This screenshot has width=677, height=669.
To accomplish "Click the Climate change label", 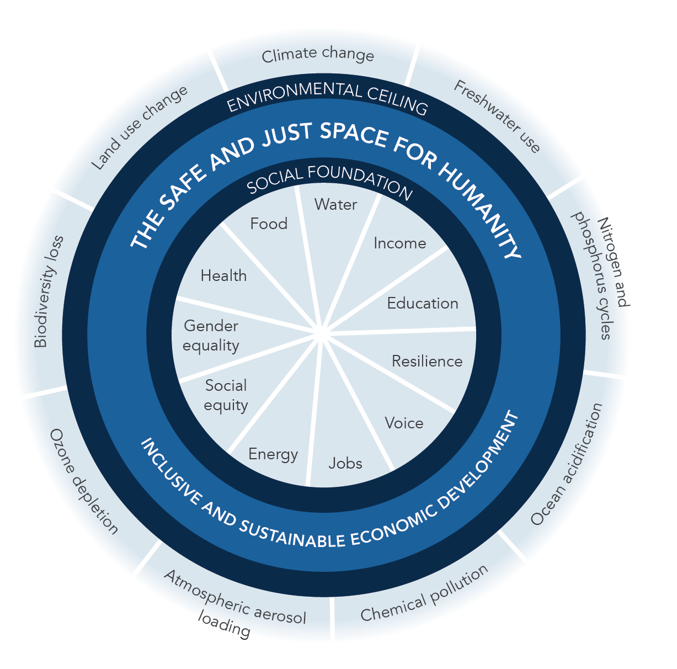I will [318, 55].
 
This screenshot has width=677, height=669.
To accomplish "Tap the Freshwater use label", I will [497, 116].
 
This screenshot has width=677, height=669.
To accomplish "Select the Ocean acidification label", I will [566, 464].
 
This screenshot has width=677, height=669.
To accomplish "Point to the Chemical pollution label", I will [424, 593].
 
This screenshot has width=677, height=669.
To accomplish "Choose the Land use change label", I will [139, 128].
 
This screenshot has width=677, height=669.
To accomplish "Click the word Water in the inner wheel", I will [335, 205].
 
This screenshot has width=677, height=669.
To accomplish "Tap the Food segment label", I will [269, 224].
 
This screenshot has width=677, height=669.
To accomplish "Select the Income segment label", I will [399, 243].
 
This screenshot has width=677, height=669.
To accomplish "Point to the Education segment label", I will [423, 304].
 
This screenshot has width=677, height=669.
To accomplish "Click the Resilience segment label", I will [427, 362].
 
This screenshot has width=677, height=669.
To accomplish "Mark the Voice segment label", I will [404, 423].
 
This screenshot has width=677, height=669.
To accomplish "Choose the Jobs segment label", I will [345, 463].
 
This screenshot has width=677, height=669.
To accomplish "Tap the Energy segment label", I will [273, 454].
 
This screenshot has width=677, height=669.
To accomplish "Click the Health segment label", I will [223, 276].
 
